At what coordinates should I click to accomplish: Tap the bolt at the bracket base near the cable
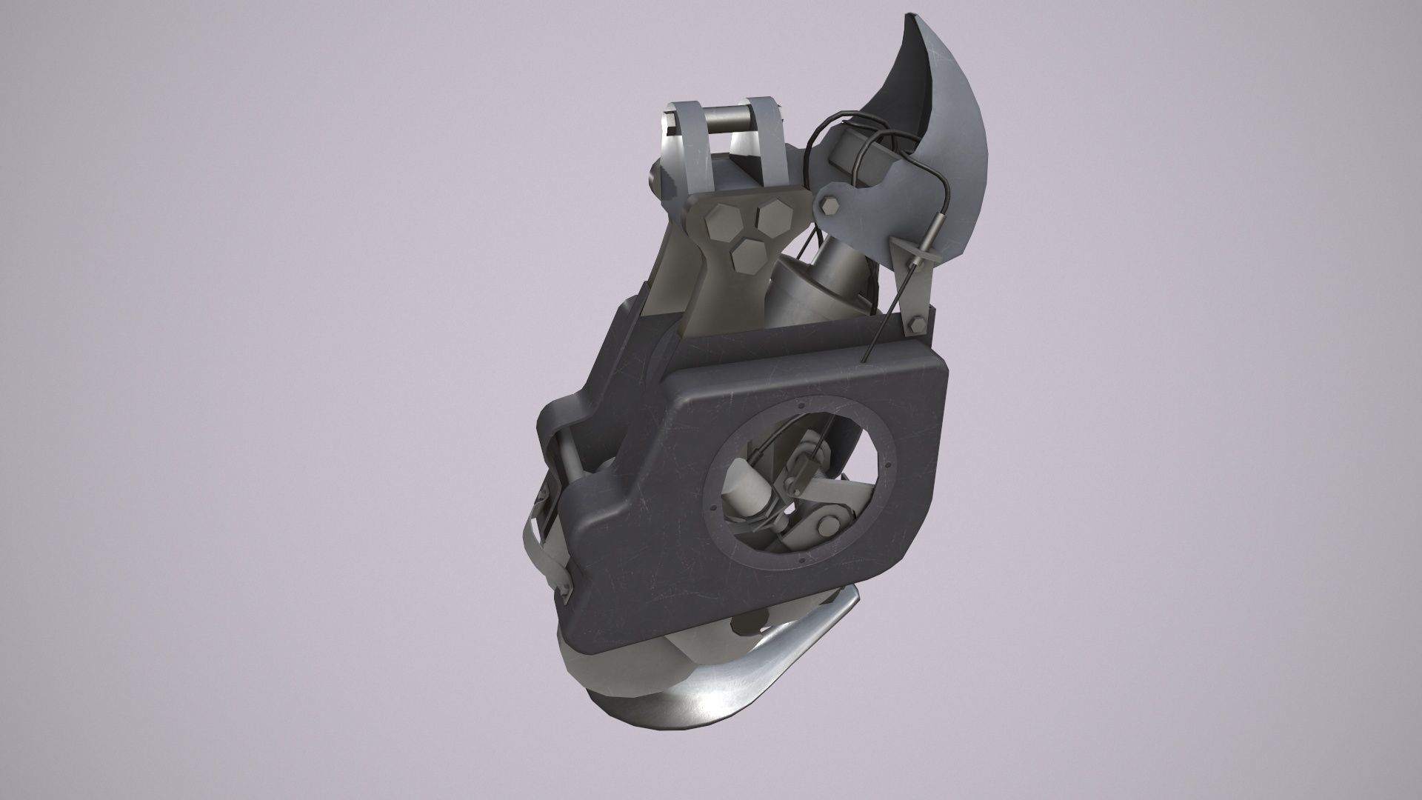914,324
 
